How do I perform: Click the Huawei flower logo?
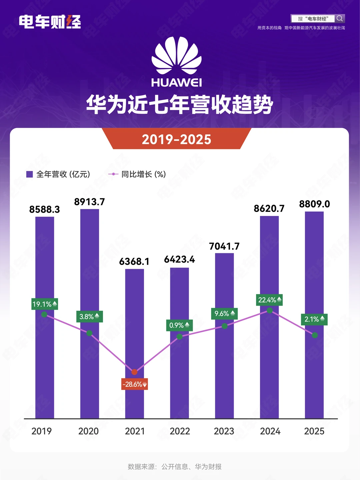click(x=176, y=56)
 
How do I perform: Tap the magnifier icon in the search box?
click(x=340, y=18)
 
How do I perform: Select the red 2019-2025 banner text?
click(x=176, y=139)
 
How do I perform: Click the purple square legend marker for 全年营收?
click(x=29, y=174)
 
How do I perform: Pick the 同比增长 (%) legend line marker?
click(x=113, y=174)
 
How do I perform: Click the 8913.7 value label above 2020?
click(x=89, y=202)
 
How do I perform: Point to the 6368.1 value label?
click(x=134, y=262)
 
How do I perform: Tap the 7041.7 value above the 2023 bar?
click(x=224, y=246)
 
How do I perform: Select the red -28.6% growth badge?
click(x=134, y=384)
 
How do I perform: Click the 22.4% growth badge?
click(x=269, y=300)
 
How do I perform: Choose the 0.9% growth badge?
click(x=179, y=325)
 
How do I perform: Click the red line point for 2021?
click(x=134, y=372)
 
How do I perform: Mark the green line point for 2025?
click(x=315, y=335)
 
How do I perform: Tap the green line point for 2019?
click(x=44, y=314)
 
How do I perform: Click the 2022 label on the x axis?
click(x=180, y=431)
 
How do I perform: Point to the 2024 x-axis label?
click(x=270, y=431)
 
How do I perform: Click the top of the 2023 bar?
click(x=224, y=254)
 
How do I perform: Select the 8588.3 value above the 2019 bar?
click(x=44, y=209)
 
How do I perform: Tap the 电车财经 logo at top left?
click(x=50, y=22)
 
